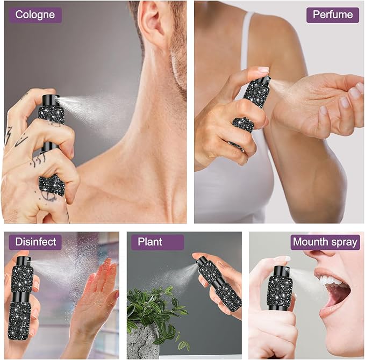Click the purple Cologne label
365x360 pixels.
(x=35, y=15)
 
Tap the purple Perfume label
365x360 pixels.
(x=333, y=15)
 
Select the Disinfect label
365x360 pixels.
(x=35, y=242)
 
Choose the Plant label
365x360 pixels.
(x=158, y=242)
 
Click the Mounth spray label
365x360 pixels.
(x=325, y=242)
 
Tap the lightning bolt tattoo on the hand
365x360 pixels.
(x=9, y=136)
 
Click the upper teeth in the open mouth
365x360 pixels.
(x=331, y=280)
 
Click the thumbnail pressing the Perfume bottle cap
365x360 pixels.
(x=264, y=69)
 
